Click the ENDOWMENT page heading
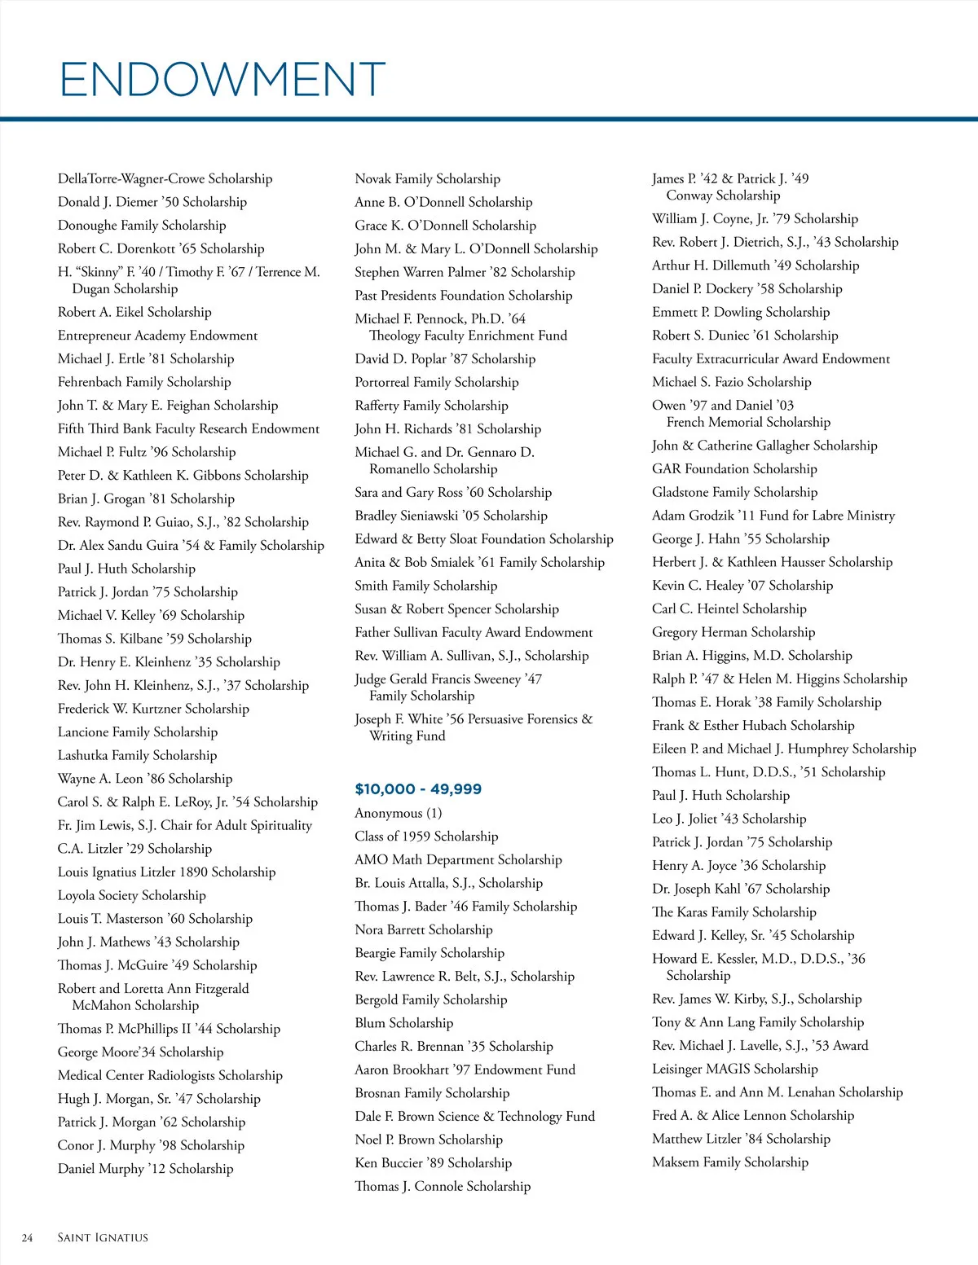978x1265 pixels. (x=222, y=79)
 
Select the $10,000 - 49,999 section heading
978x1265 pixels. (x=418, y=788)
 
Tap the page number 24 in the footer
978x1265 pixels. (x=28, y=1237)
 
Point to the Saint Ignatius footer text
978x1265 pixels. (x=103, y=1237)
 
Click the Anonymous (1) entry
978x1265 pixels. (x=399, y=813)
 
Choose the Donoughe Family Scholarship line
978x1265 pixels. (x=142, y=225)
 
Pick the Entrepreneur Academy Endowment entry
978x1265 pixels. (x=157, y=335)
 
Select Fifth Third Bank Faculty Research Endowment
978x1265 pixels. (x=188, y=428)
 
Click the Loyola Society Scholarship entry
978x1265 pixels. (x=132, y=895)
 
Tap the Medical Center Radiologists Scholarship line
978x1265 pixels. (x=170, y=1075)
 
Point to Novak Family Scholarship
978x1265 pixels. (x=428, y=178)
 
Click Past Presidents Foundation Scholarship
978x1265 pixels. (x=464, y=295)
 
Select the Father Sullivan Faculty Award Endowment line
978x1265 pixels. (x=474, y=632)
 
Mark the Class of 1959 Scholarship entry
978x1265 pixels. (x=426, y=836)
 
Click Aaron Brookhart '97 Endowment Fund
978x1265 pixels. (x=465, y=1070)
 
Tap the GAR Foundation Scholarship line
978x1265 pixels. (x=734, y=468)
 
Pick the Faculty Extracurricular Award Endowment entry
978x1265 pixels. (x=771, y=358)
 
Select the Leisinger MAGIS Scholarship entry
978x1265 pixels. (x=735, y=1069)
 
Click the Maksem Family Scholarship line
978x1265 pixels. (x=730, y=1162)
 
